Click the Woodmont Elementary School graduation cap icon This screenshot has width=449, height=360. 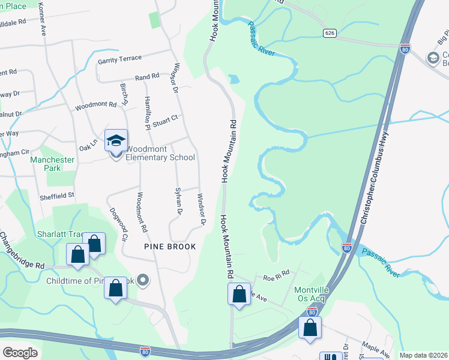[x=116, y=141]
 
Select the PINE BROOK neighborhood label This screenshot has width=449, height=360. [x=170, y=247]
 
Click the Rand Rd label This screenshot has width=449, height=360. [x=147, y=77]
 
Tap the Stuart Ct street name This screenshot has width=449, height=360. [x=165, y=119]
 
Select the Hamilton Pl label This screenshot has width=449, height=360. [x=146, y=113]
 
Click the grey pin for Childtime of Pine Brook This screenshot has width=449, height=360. [x=142, y=280]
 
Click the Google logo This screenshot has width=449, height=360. [x=20, y=352]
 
